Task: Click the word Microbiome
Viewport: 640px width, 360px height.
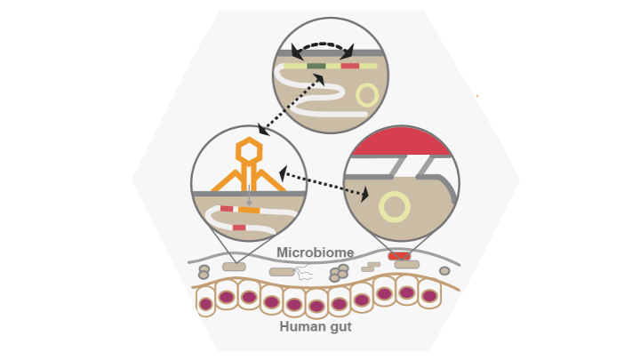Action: [315, 252]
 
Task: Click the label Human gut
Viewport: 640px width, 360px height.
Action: [316, 326]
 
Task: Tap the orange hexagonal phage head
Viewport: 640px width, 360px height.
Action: [249, 152]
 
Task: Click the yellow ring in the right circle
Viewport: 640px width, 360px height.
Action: [393, 207]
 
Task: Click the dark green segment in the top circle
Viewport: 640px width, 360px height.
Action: [316, 66]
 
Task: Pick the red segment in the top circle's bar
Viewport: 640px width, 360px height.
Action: [350, 66]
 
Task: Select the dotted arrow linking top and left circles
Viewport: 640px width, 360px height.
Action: [290, 105]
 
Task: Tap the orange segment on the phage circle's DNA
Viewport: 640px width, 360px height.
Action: [249, 210]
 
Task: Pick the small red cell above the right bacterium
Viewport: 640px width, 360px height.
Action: [399, 256]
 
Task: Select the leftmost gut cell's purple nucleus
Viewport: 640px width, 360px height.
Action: [206, 304]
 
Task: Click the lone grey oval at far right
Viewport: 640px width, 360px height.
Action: [444, 271]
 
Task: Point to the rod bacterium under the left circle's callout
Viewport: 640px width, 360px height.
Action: [234, 267]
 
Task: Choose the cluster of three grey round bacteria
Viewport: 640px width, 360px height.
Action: [339, 273]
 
